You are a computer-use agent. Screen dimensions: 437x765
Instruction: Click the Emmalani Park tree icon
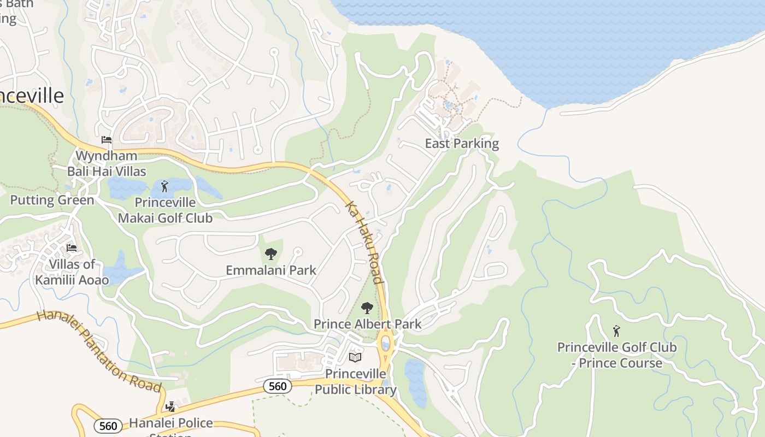click(270, 253)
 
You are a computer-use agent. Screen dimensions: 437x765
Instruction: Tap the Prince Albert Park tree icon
click(367, 308)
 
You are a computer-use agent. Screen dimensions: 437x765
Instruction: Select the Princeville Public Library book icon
click(355, 357)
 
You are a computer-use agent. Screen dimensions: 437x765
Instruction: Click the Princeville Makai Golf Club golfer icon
click(164, 186)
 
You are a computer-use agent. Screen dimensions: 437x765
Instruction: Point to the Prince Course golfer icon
click(616, 331)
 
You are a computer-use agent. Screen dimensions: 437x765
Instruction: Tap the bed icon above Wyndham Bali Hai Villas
click(107, 140)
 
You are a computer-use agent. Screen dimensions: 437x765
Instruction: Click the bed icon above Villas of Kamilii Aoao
click(72, 248)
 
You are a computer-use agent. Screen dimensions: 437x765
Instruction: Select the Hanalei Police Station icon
click(170, 406)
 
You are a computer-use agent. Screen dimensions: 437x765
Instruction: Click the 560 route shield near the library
click(278, 386)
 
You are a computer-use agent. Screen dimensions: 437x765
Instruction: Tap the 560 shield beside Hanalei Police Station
click(108, 426)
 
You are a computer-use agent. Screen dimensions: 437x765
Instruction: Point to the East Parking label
click(462, 144)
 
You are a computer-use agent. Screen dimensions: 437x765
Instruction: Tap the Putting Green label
click(52, 200)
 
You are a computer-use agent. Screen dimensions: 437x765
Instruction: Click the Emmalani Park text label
click(271, 270)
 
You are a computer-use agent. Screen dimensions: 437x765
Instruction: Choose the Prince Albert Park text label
click(367, 324)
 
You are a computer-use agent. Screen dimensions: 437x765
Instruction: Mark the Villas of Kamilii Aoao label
click(72, 272)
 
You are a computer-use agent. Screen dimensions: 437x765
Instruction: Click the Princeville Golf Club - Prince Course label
click(616, 355)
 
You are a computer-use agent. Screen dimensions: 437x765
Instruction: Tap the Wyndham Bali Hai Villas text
click(107, 163)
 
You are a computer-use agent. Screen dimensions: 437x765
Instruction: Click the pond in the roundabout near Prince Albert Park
click(386, 344)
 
